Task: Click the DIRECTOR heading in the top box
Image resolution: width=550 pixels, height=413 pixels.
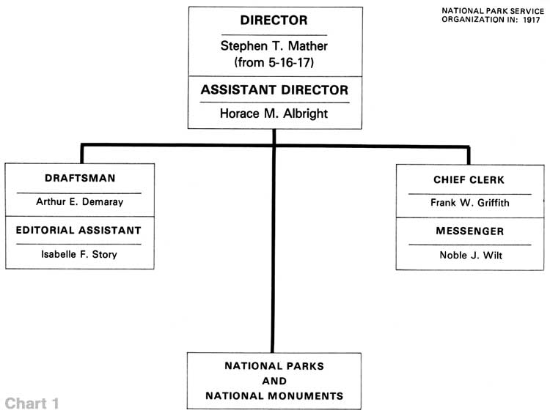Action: [274, 21]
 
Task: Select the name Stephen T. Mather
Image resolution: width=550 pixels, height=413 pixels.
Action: [274, 46]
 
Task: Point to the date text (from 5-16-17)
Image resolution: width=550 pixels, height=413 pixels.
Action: [274, 62]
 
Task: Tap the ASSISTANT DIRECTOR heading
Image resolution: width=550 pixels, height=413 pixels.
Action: [275, 89]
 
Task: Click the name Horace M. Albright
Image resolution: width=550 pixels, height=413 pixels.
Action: [274, 114]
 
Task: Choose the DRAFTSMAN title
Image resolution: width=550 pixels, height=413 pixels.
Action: [80, 178]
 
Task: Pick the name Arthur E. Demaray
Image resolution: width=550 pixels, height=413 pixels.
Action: [80, 202]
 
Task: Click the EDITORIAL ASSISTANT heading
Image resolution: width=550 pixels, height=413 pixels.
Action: [78, 230]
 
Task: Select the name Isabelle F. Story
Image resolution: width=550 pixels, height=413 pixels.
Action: [79, 254]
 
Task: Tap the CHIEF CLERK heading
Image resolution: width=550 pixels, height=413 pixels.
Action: [469, 179]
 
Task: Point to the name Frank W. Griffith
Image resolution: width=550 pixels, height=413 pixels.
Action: [470, 202]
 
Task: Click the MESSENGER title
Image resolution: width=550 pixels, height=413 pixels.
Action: [470, 231]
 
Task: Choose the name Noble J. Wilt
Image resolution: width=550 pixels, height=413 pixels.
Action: [471, 255]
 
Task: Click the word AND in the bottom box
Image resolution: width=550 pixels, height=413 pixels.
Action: [274, 381]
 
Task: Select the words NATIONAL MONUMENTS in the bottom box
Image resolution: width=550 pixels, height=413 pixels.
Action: [274, 396]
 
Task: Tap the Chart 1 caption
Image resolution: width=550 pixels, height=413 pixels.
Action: [32, 403]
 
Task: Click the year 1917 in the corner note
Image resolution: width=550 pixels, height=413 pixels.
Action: [532, 20]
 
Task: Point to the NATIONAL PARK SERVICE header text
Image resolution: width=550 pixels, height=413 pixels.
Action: [493, 11]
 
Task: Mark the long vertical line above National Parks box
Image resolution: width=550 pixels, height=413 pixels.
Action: [273, 241]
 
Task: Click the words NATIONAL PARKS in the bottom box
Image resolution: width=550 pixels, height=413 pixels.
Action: [274, 366]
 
